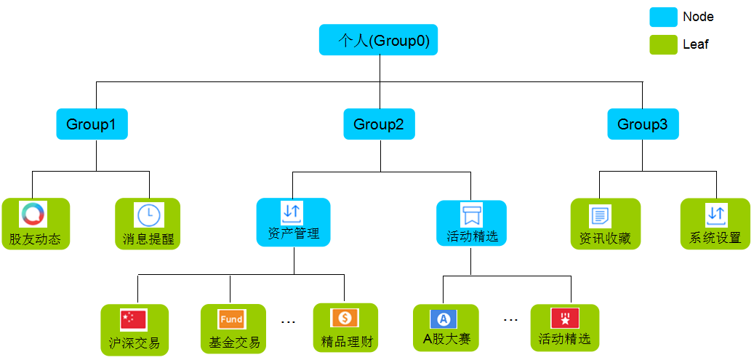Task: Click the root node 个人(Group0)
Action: (x=378, y=40)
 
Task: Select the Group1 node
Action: (x=92, y=124)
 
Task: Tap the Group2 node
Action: (x=379, y=124)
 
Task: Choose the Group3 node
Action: (x=643, y=124)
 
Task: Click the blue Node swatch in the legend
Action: (x=663, y=17)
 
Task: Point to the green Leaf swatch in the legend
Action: (x=663, y=44)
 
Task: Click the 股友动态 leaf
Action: (x=35, y=224)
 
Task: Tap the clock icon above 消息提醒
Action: (x=148, y=215)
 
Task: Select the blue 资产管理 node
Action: (x=293, y=224)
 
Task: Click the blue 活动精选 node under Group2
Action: (x=471, y=224)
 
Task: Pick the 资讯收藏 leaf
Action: (x=605, y=224)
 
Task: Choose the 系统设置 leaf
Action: (x=715, y=224)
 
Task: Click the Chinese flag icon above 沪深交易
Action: (x=134, y=319)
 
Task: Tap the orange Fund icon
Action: (x=231, y=319)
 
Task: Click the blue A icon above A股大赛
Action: (x=444, y=319)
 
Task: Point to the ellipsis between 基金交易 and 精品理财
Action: (x=288, y=321)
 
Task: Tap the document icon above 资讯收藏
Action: (x=600, y=215)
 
